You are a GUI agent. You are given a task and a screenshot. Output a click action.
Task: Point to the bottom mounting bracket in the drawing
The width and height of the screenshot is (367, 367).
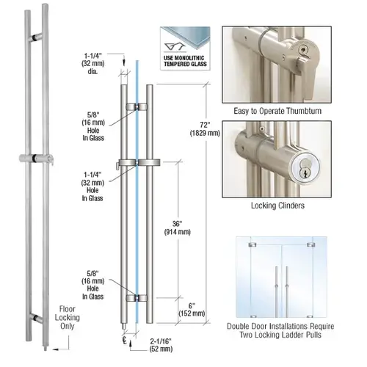click(137, 298)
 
